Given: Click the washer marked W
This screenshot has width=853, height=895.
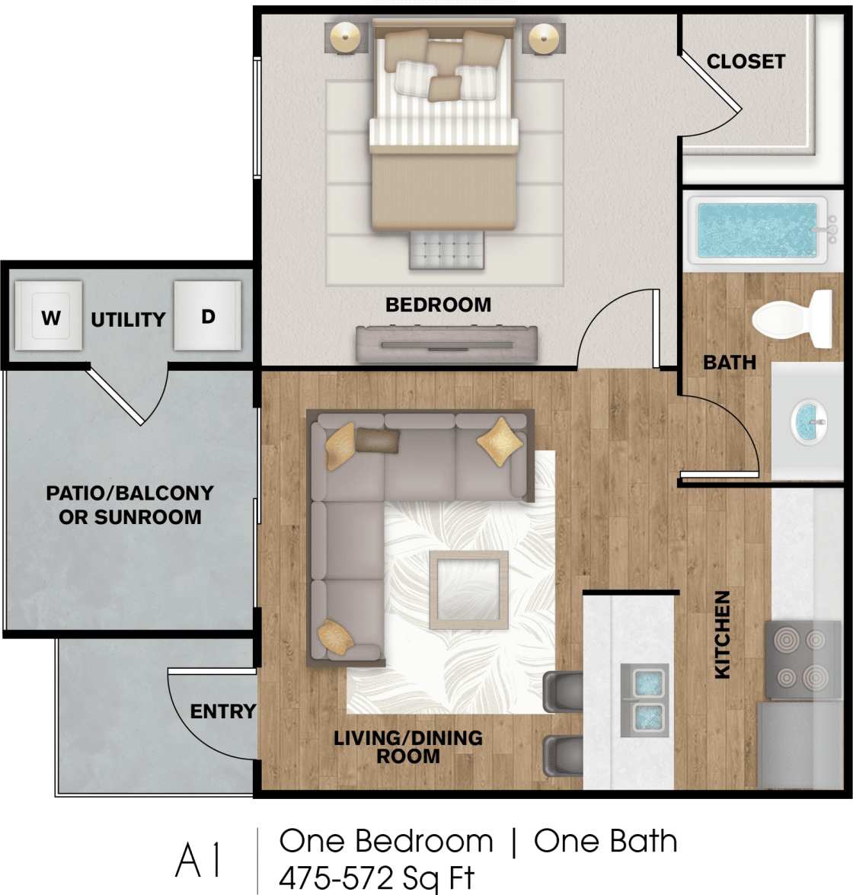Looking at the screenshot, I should [50, 316].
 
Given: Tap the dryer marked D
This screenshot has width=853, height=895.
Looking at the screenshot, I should [207, 316].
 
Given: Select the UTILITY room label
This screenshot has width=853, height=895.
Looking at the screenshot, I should [128, 320].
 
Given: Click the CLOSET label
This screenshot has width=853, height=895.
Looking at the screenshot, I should [746, 62].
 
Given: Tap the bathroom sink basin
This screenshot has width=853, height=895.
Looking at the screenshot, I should [809, 422].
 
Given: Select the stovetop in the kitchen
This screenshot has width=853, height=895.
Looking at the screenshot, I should [795, 659].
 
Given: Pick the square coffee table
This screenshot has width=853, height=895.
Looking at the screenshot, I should [468, 590].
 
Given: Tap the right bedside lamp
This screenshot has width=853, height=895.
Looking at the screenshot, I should [544, 37].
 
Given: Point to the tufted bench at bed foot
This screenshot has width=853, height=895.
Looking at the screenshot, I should [446, 248].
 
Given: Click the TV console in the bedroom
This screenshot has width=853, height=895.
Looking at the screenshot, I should [446, 344].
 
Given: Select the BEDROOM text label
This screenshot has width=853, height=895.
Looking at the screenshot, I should [438, 305].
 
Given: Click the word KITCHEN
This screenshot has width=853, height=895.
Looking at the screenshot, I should [722, 634].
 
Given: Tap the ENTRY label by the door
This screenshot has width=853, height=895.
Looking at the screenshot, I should [222, 711].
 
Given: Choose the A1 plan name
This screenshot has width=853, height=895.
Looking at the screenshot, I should [200, 860].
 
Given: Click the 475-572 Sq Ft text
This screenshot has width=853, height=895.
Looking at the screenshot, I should [376, 878].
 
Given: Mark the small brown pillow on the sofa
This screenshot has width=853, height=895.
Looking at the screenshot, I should [377, 440].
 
